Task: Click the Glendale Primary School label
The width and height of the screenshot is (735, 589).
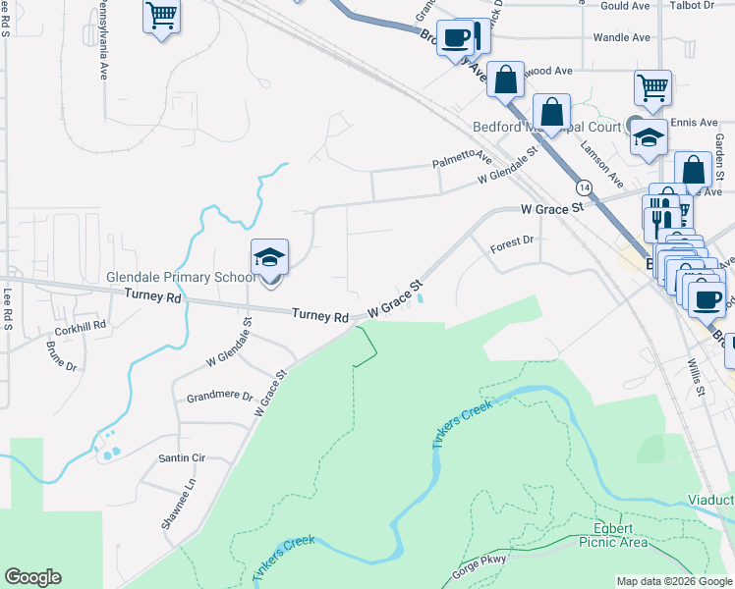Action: (181, 278)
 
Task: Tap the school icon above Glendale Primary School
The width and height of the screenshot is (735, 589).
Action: (269, 258)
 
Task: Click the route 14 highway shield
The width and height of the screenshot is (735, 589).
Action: (585, 187)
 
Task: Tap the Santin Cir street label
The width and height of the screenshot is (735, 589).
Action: (182, 457)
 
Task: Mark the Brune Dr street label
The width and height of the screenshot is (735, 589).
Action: (61, 356)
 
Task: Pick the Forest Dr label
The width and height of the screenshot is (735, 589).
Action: (511, 240)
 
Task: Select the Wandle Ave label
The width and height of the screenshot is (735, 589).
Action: (621, 38)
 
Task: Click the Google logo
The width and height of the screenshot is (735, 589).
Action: (32, 576)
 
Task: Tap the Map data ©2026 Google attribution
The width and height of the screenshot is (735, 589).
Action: (674, 581)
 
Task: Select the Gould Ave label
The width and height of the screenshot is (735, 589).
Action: (625, 6)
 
